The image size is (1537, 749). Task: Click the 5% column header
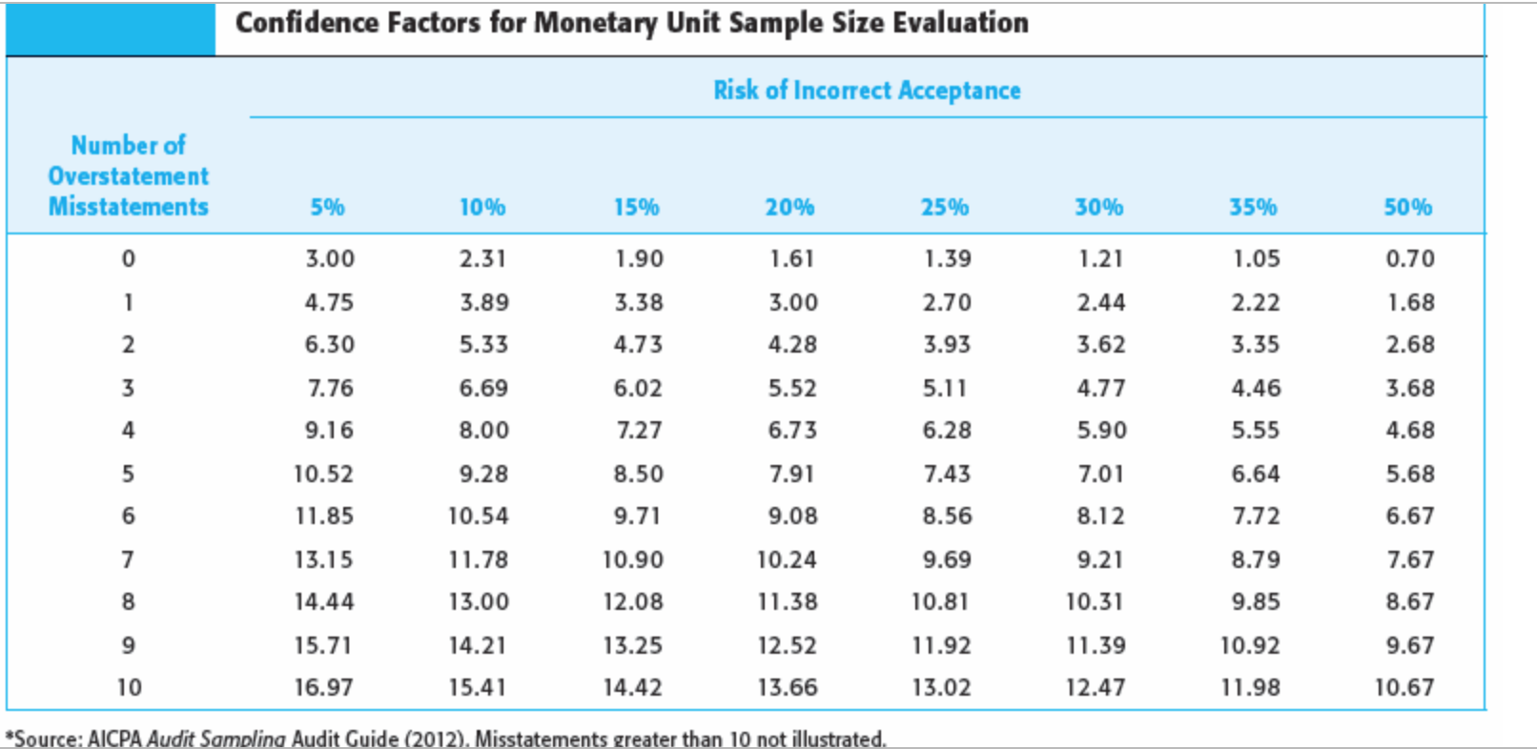coord(327,207)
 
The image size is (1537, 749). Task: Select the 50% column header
coord(1407,207)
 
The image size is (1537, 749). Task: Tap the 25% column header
coord(944,207)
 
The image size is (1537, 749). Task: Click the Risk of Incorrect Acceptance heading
coord(867,91)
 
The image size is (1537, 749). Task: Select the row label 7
coord(128,559)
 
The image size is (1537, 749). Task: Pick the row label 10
coord(129,687)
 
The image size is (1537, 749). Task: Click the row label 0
coord(128,258)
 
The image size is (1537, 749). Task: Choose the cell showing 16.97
coord(323,687)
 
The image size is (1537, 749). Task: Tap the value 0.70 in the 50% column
coord(1409,258)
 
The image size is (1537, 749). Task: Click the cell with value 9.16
coord(329,430)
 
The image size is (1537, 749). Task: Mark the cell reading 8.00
coord(483,430)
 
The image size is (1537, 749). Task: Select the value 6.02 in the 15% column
coord(638,388)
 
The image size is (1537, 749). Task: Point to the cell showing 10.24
coord(787,559)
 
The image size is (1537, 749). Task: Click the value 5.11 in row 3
coord(945,388)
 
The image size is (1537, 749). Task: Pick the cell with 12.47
coord(1096,687)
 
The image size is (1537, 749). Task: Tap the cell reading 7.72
coord(1255,516)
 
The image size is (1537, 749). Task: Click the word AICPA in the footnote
coord(114,739)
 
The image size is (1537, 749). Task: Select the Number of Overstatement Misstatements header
coord(129,176)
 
